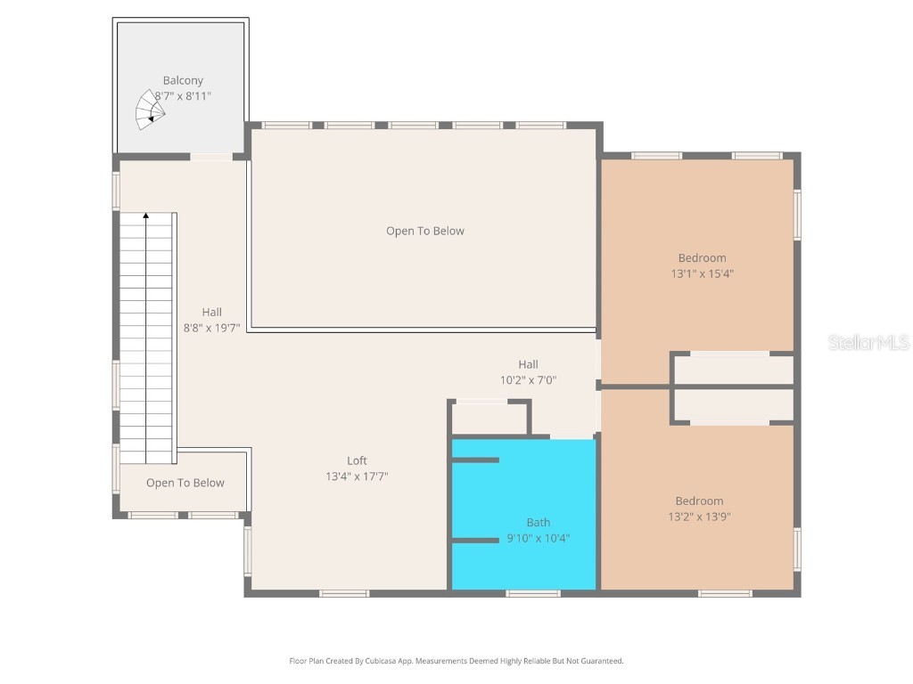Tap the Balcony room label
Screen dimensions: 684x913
click(183, 80)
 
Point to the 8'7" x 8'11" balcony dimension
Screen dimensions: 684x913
click(183, 95)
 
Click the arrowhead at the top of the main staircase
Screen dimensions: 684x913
click(146, 216)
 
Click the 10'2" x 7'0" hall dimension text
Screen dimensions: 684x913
click(528, 379)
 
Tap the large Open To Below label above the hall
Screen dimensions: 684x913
click(425, 231)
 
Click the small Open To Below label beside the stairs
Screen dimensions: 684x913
click(185, 483)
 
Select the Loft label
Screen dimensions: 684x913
click(357, 460)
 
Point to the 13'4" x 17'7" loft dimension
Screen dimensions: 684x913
click(357, 476)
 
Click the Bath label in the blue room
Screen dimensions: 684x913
click(538, 523)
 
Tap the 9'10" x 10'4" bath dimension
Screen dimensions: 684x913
click(538, 538)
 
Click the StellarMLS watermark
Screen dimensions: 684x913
click(868, 342)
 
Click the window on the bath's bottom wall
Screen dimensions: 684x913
click(532, 593)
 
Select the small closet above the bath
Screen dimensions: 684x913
click(489, 419)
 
